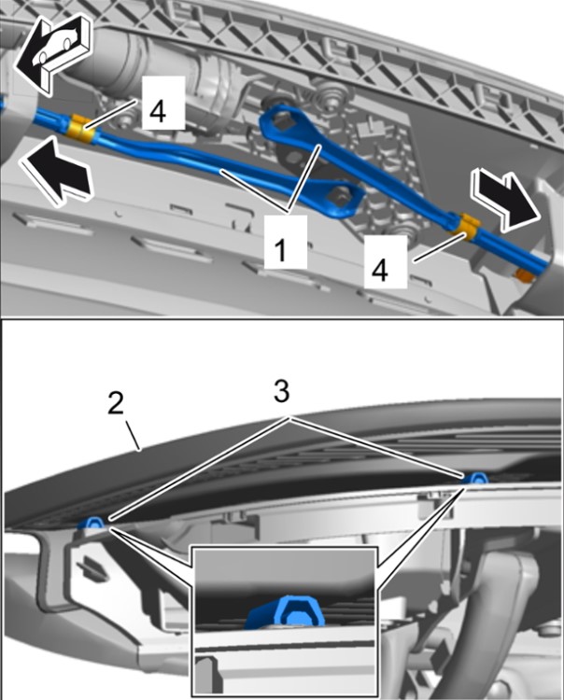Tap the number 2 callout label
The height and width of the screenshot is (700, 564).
116,403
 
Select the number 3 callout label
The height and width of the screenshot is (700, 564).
281,391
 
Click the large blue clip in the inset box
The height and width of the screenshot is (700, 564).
287,610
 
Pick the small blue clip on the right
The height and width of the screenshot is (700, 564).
475,479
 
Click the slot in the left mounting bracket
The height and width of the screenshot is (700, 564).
92,568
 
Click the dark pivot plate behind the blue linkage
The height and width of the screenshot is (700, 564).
296,159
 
